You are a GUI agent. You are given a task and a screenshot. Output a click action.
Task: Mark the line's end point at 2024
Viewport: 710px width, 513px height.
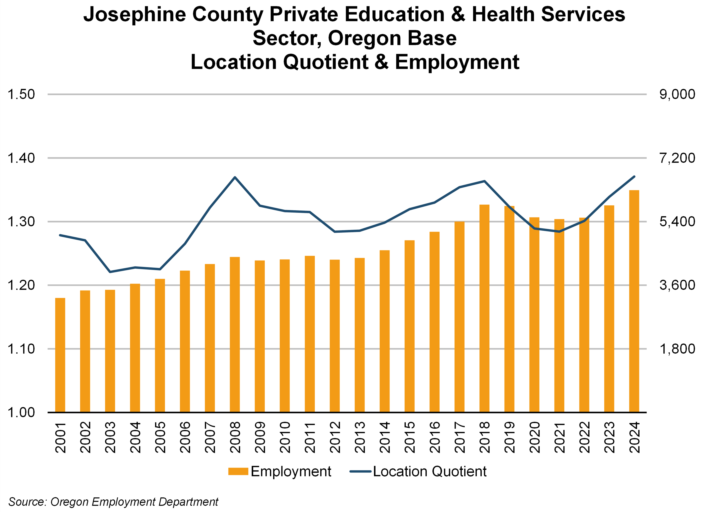(634, 177)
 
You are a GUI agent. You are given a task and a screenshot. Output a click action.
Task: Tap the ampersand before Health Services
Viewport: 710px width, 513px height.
(458, 15)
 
